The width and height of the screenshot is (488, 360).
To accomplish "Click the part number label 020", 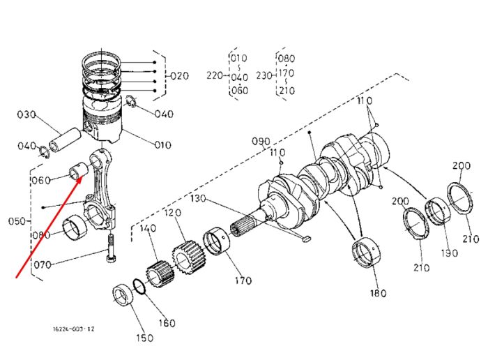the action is tap(179, 75).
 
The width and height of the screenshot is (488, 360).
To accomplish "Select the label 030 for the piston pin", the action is tap(26, 114).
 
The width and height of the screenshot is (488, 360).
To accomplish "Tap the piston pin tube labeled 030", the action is tap(64, 140).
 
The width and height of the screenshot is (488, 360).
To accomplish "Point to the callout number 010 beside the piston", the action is tap(162, 145).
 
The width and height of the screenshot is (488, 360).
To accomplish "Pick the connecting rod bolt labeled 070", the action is tap(112, 248).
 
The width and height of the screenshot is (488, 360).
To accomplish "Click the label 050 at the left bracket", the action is tap(17, 221).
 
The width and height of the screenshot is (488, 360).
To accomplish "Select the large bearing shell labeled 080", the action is tap(75, 228).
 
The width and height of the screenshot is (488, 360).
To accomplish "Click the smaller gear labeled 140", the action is tap(160, 273).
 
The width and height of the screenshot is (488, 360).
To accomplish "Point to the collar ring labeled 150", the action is tap(124, 295).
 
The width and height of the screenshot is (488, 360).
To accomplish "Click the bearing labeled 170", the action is tap(216, 241).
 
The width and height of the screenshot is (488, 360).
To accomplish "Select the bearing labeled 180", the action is tap(367, 252).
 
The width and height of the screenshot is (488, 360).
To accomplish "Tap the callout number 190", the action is tap(449, 253).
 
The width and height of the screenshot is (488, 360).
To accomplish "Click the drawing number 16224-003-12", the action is tap(73, 329).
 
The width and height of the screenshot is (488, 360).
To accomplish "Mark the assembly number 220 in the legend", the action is tap(215, 75).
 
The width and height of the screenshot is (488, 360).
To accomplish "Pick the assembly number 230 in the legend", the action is tap(264, 75).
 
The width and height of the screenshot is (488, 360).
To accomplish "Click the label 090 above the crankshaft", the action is tap(261, 142).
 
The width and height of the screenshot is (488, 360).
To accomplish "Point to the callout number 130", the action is tap(198, 198).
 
